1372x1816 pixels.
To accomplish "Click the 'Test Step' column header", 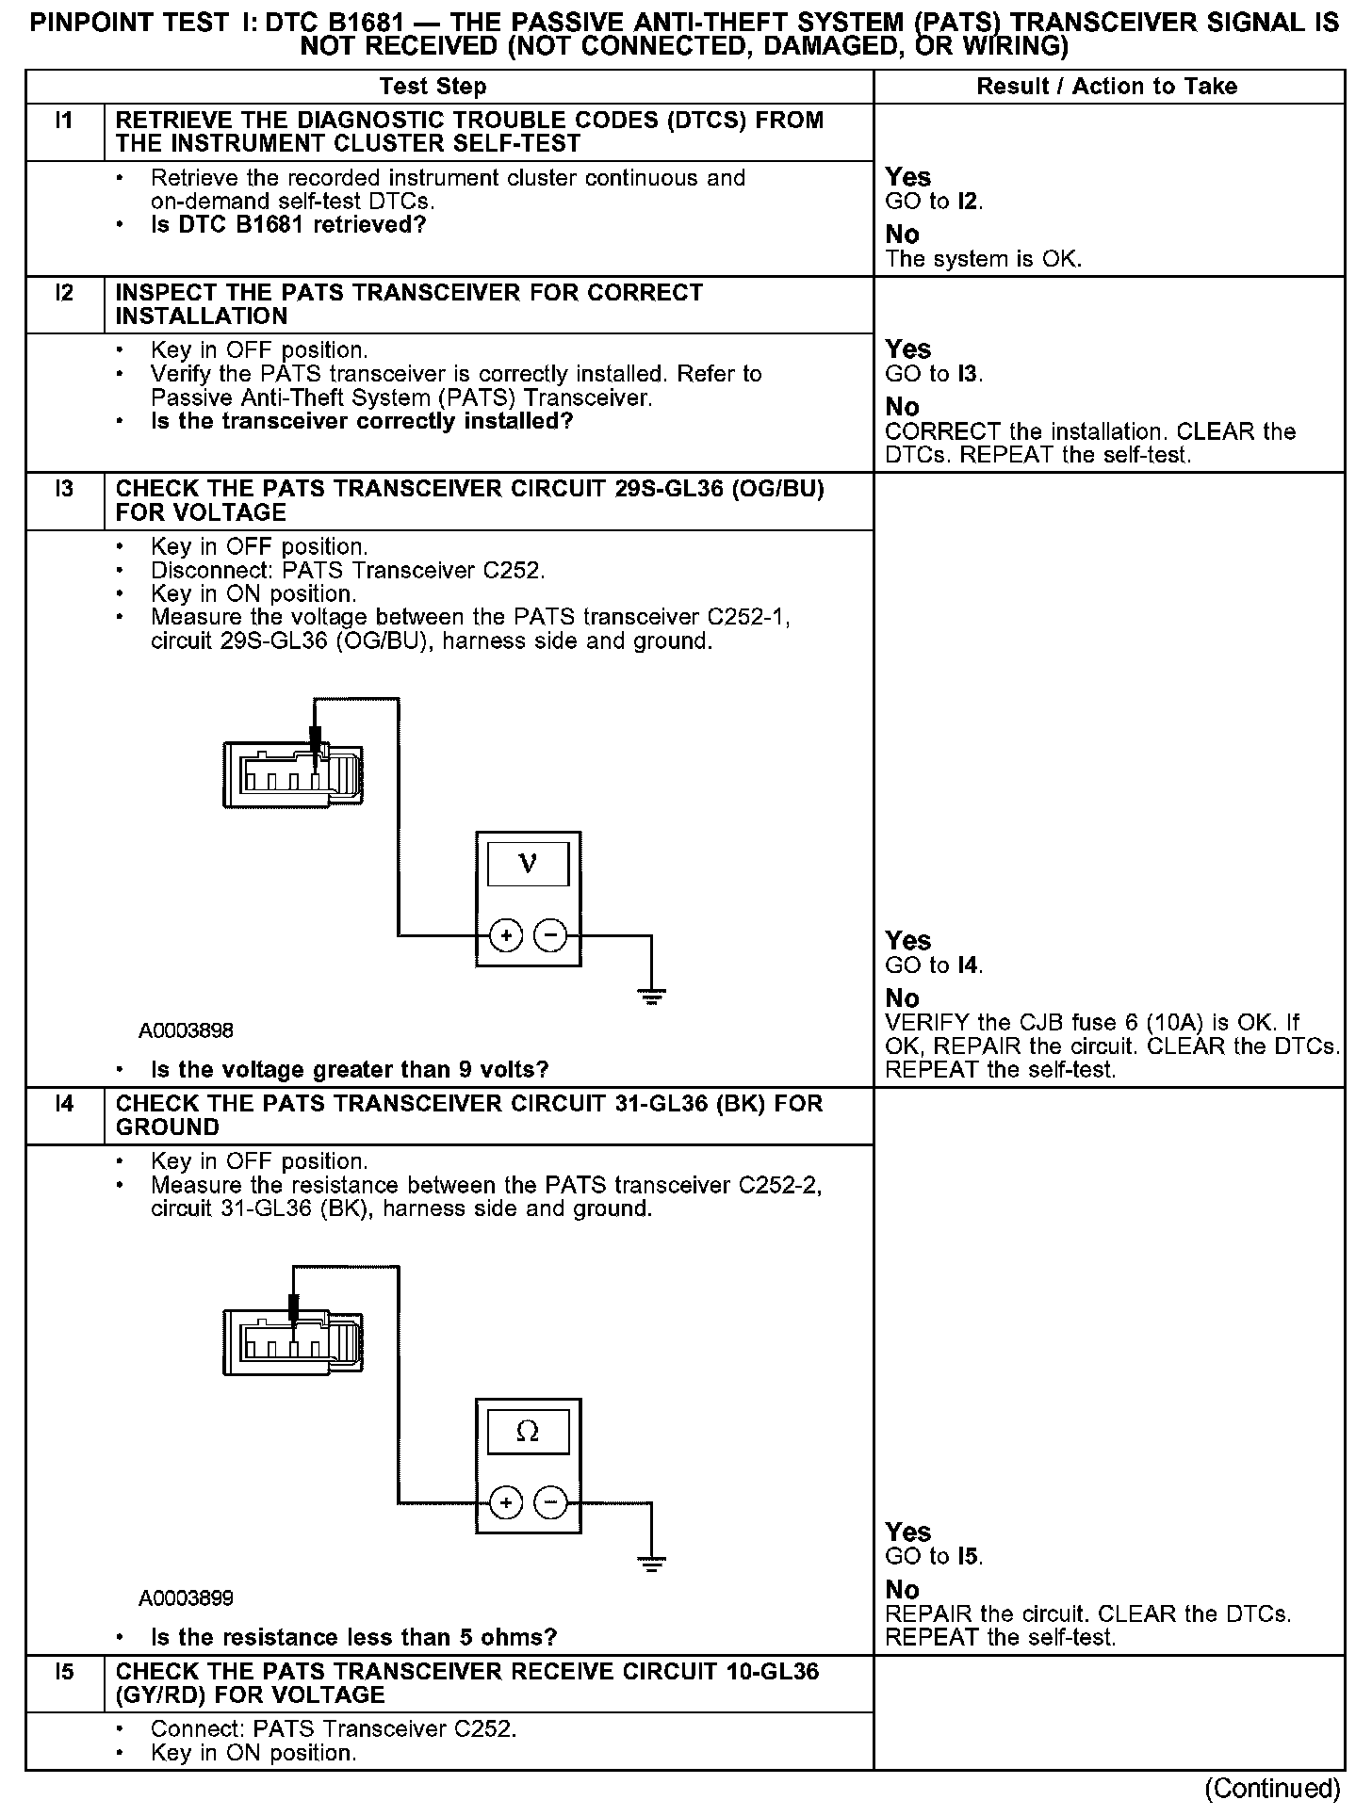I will pos(433,87).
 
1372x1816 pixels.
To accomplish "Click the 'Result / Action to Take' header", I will pos(1106,87).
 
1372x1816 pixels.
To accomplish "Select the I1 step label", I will pos(64,121).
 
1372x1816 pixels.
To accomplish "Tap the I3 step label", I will pos(64,489).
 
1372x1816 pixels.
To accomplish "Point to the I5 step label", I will pos(64,1672).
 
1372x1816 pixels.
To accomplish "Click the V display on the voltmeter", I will pos(528,864).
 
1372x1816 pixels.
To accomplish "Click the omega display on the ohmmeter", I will pos(528,1431).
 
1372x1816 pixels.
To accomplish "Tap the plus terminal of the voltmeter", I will pos(506,935).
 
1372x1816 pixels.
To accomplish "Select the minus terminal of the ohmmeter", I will pos(551,1502).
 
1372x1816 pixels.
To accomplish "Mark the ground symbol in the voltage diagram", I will pos(651,997).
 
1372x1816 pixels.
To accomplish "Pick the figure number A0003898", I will pos(186,1030).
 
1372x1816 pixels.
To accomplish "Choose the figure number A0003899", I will pos(186,1598).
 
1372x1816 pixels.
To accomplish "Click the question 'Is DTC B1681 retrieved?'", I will pos(288,225).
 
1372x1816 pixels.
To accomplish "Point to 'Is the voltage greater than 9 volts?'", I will pos(350,1070).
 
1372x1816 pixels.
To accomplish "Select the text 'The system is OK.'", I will pos(984,259).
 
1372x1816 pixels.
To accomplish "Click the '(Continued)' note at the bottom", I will pos(1271,1788).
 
